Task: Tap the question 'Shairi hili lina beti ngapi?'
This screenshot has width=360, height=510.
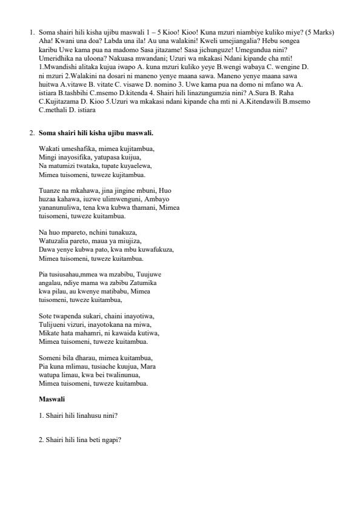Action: click(x=80, y=440)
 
